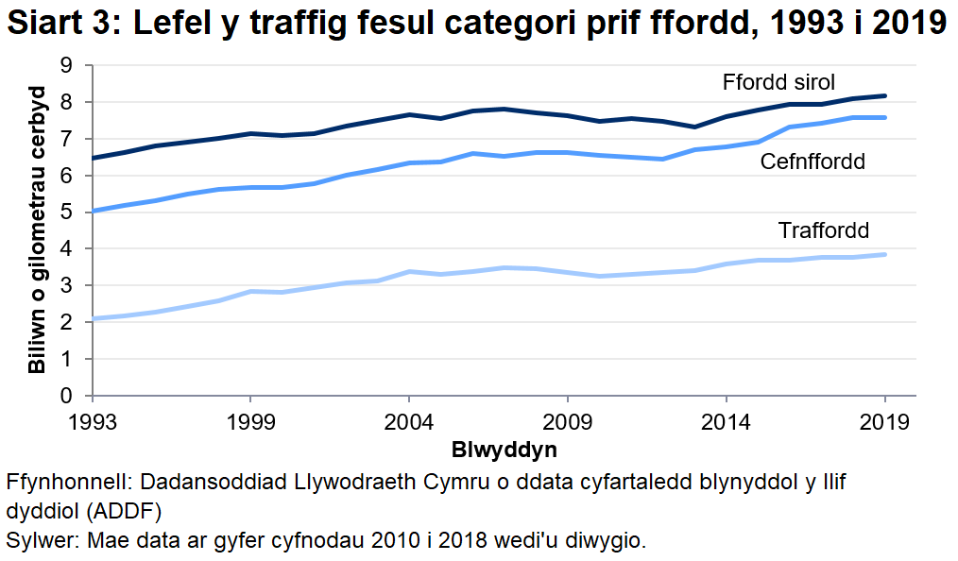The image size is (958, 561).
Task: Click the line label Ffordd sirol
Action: (778, 81)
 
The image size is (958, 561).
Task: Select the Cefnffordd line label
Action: (813, 161)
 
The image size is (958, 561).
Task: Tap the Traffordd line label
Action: (823, 230)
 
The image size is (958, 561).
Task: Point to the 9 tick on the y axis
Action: (65, 65)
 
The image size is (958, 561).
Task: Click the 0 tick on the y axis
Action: (65, 396)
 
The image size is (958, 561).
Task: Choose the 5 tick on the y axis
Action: (65, 212)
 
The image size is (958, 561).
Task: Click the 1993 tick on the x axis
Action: (92, 419)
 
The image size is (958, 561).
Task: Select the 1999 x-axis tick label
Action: (250, 419)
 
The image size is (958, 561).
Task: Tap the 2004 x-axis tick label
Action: (408, 419)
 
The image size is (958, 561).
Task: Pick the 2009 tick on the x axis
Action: (567, 419)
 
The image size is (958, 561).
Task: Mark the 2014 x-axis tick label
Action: (726, 419)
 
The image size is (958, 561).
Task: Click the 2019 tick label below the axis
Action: (884, 419)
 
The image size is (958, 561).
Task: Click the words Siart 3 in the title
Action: (59, 24)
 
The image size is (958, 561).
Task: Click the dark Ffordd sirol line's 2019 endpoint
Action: (884, 95)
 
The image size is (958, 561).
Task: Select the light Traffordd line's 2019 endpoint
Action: (884, 254)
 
